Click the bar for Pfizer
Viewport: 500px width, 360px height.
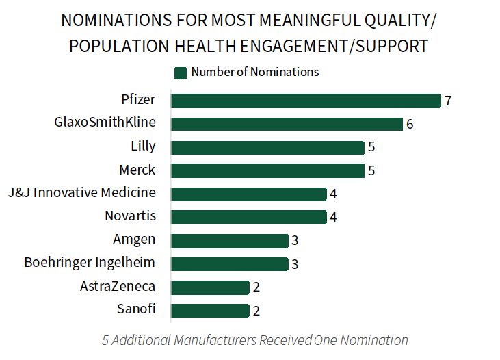tap(306, 101)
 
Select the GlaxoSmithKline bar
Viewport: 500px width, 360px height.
tap(287, 124)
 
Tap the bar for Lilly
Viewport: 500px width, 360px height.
tap(267, 147)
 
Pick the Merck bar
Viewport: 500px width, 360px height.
tap(267, 170)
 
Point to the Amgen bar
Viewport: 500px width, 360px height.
tap(229, 241)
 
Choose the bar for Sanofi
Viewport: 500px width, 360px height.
tap(210, 311)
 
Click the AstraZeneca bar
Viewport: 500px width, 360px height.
tap(210, 287)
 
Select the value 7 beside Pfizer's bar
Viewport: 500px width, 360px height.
tap(448, 101)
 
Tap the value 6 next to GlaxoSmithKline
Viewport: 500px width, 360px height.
tap(410, 125)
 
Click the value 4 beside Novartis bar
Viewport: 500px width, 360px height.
tap(333, 218)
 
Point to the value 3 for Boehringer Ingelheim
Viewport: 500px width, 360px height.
tap(295, 264)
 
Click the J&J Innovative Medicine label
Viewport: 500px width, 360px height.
tap(82, 192)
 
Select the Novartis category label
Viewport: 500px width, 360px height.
tap(130, 216)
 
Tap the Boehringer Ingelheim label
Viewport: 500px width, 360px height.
tap(90, 262)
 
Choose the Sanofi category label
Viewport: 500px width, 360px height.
tap(136, 309)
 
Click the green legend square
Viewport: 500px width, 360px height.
tap(181, 73)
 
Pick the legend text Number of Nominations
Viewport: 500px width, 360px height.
tap(255, 72)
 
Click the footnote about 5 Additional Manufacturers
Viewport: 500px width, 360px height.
tap(255, 340)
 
